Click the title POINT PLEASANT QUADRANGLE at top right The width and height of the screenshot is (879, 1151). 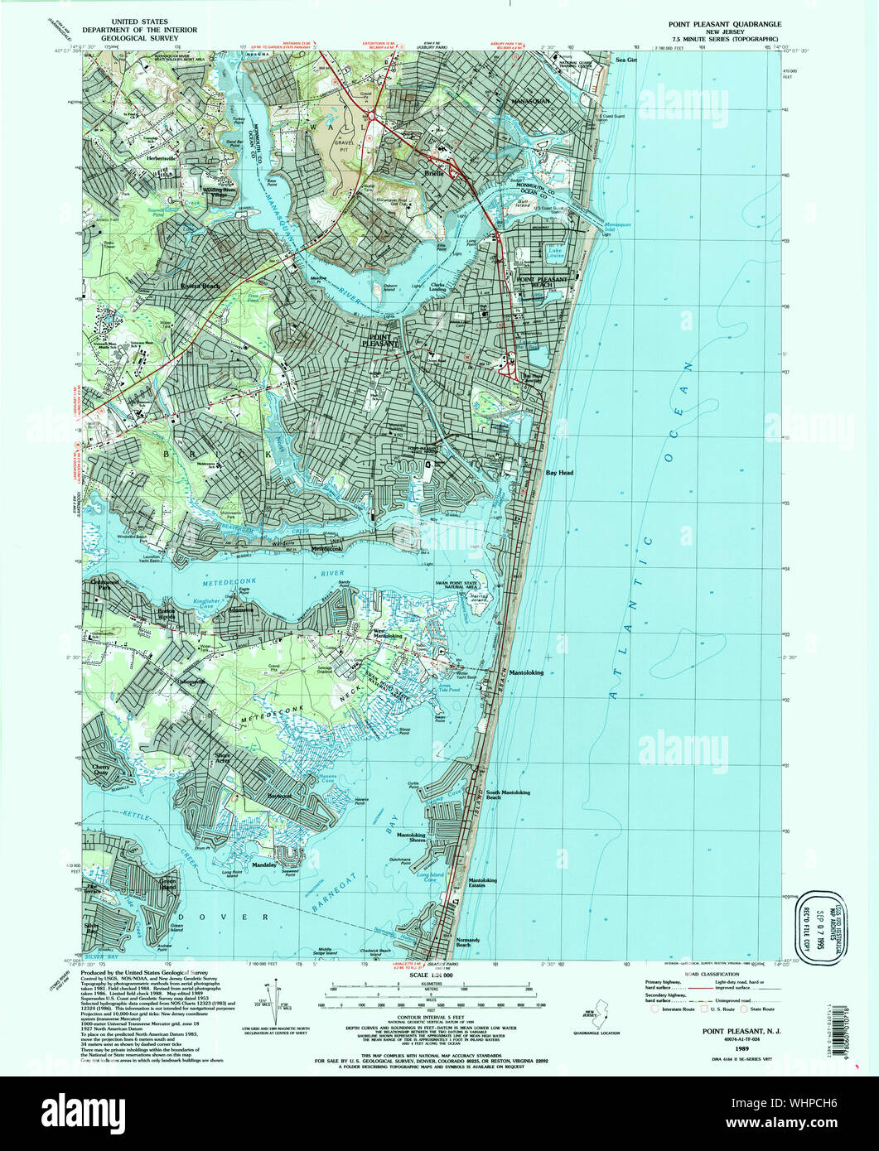[724, 25]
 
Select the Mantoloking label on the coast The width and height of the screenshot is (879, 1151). [526, 672]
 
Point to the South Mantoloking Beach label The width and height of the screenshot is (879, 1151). [508, 795]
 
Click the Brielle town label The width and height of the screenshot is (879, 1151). [436, 173]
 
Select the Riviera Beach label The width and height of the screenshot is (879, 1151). [200, 286]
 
